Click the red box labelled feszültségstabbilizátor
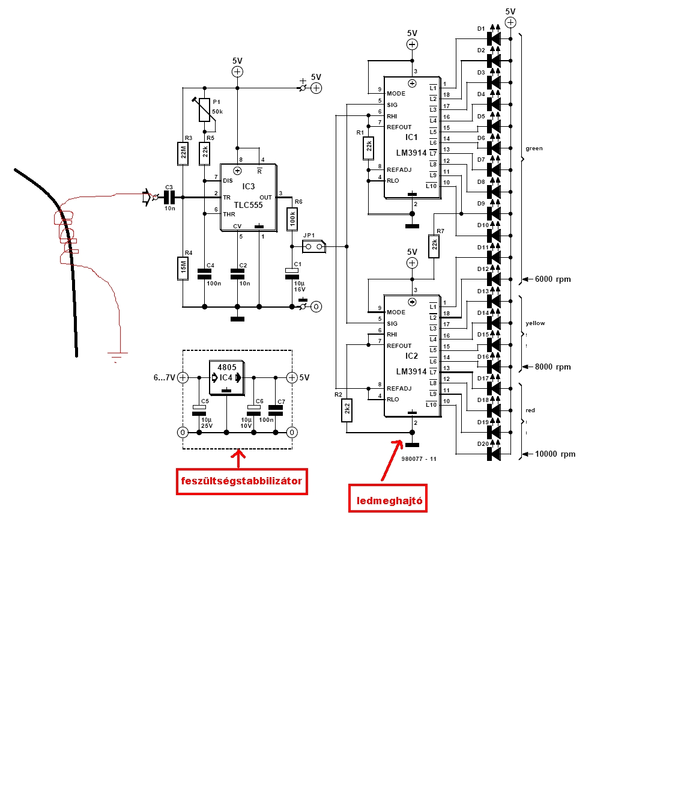coord(241,481)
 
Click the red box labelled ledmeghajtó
coord(388,499)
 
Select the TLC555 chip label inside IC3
coord(248,205)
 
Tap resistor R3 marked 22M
coord(184,153)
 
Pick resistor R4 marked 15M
coord(184,269)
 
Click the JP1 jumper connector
coord(313,246)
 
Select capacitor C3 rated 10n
coord(169,197)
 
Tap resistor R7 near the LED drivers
coord(434,246)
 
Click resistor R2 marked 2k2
coord(347,411)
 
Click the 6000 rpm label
coord(552,279)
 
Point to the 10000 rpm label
coord(555,454)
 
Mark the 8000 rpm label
coord(552,367)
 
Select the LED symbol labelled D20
coord(494,454)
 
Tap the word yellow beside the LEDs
coord(535,323)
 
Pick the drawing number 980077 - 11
coord(419,459)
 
